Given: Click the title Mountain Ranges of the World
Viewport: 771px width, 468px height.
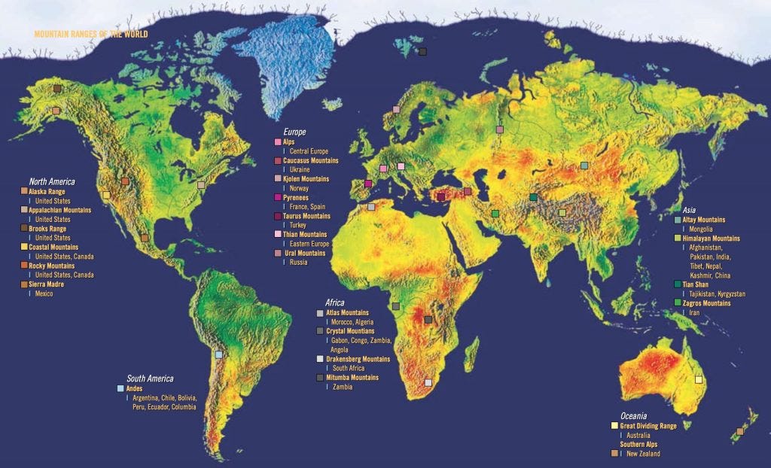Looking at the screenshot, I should pos(90,35).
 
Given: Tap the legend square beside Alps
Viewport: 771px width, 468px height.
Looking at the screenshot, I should pos(278,142).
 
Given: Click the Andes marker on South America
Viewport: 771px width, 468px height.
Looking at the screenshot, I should pos(219,354).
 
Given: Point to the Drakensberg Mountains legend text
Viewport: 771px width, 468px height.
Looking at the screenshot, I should pos(358,359).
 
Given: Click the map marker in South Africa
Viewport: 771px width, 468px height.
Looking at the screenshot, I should pos(428,382).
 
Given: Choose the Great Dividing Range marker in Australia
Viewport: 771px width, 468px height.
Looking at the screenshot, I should pos(698,380).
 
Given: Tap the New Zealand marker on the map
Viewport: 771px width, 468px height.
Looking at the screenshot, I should pos(740,432).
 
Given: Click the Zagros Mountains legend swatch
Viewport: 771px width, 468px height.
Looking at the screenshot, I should pos(678,303).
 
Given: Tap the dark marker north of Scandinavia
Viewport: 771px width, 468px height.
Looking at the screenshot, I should pos(422,52).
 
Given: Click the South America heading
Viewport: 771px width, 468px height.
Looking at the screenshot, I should pos(150,378).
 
